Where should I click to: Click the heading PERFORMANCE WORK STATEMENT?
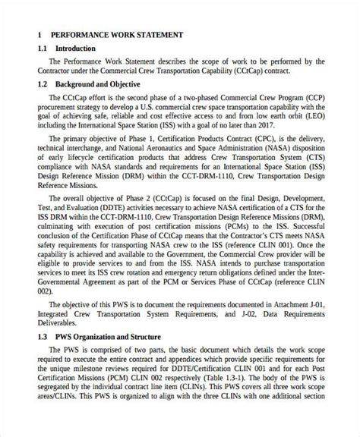point(116,36)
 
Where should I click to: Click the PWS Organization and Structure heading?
point(107,337)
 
